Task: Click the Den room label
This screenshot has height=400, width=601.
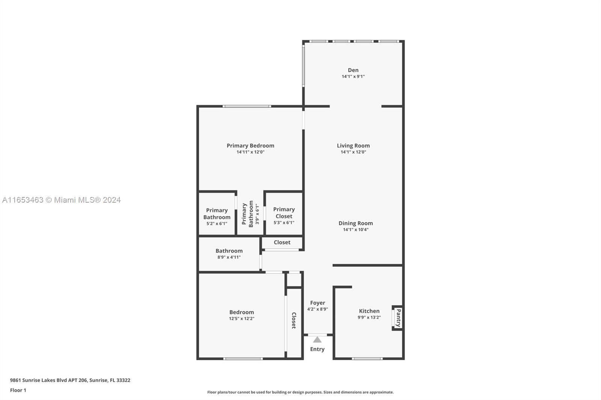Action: (x=353, y=70)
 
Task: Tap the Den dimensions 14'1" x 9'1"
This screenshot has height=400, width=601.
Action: (x=353, y=77)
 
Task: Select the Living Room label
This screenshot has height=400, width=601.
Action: (x=353, y=146)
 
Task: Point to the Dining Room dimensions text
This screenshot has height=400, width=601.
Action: (x=355, y=230)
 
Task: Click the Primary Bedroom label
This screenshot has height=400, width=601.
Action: (x=250, y=146)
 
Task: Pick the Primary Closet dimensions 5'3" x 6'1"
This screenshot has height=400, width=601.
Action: (x=284, y=223)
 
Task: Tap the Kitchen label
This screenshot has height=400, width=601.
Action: (x=369, y=311)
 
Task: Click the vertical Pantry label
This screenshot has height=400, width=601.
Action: (x=399, y=318)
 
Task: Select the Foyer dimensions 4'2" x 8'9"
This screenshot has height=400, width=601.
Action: (x=317, y=309)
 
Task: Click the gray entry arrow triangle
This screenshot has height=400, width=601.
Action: (x=317, y=340)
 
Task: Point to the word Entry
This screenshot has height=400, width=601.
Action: (x=317, y=349)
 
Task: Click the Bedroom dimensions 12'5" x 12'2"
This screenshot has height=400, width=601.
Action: (x=242, y=319)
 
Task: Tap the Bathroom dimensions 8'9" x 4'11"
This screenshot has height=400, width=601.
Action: (x=229, y=257)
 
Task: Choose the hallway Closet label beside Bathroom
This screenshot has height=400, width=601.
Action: (x=282, y=242)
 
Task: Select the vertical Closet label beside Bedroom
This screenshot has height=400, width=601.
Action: (x=294, y=320)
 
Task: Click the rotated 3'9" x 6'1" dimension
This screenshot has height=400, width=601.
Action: (x=257, y=214)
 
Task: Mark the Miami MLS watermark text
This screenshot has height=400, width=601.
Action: (x=62, y=200)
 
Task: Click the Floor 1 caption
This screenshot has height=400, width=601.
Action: (x=18, y=390)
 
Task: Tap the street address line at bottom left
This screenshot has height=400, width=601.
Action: (x=70, y=380)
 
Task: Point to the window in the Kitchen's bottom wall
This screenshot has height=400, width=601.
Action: (x=367, y=359)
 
